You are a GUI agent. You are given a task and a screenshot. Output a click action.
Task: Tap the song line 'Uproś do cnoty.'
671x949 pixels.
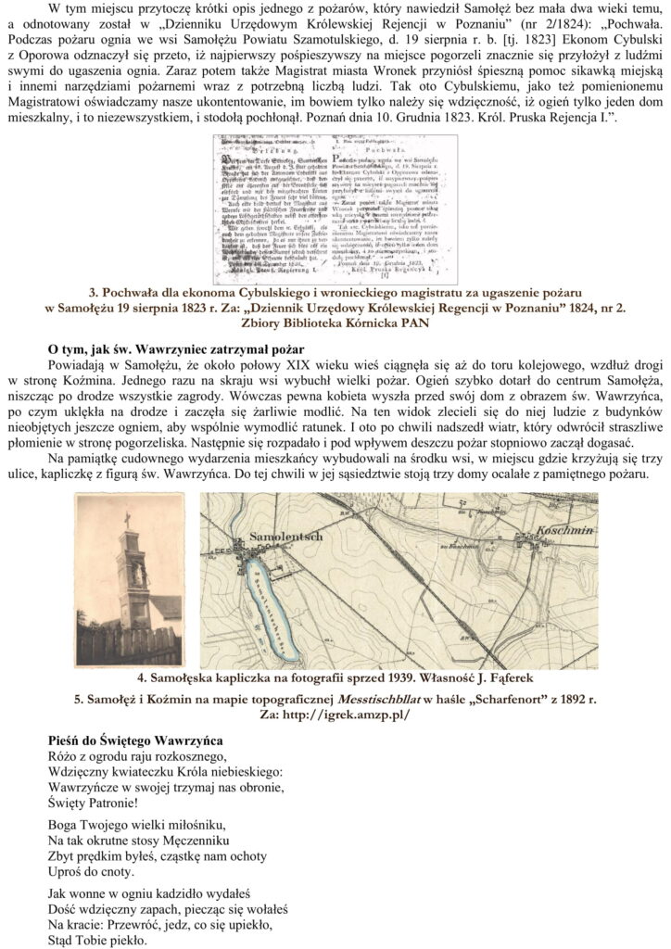tap(89, 871)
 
